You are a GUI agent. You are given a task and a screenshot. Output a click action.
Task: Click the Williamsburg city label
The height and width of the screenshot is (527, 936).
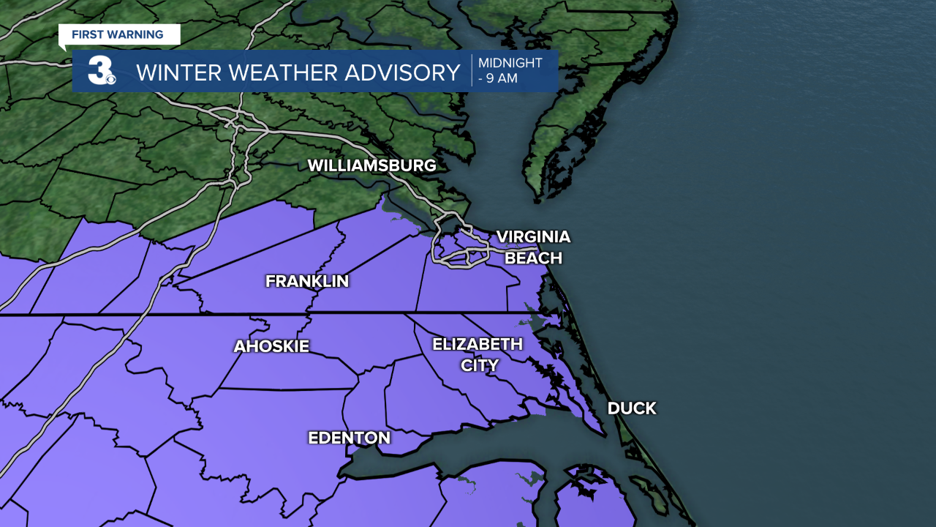[x=371, y=165]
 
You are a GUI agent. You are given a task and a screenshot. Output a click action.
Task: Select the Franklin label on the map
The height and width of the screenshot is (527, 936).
[x=307, y=281]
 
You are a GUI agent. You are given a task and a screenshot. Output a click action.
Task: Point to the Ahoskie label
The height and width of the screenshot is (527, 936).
[x=271, y=346]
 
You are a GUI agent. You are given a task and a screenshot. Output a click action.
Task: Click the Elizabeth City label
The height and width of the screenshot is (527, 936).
[x=478, y=354]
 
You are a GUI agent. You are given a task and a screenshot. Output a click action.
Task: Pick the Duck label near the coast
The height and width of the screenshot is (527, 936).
[x=632, y=408]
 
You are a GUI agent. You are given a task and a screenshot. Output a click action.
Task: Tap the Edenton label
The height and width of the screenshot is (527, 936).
[x=349, y=438]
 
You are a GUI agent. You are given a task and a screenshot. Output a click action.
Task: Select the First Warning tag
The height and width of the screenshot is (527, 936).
[x=118, y=34]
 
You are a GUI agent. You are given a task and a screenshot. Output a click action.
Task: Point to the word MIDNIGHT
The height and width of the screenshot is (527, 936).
[x=511, y=63]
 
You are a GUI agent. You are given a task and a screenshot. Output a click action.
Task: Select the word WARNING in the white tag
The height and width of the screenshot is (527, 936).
[x=137, y=34]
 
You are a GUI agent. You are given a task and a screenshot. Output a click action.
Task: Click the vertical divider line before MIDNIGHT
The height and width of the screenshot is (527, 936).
[x=472, y=70]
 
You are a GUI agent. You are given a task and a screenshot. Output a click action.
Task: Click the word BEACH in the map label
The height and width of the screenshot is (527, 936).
[x=534, y=258]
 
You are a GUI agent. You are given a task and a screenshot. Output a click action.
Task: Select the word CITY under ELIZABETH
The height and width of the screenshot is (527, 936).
[x=479, y=365]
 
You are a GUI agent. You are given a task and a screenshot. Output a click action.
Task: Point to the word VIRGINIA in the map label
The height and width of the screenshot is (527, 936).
[x=533, y=236]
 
